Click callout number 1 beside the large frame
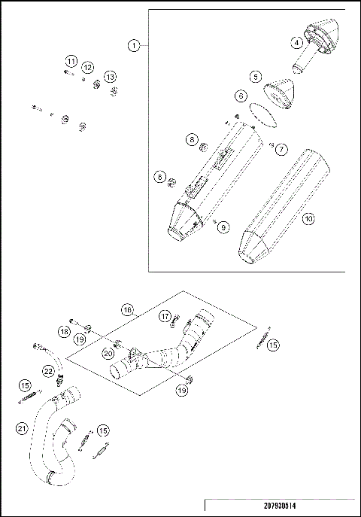coord(132,46)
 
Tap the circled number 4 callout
coord(299,43)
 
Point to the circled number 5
coord(256,76)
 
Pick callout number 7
coord(280,148)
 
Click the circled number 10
coord(308,219)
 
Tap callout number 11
coord(71,61)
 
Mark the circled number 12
coord(87,68)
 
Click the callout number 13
coord(111,77)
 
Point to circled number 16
coord(127,309)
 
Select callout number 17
coord(165,318)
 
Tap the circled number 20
coord(108,353)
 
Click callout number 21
coord(21,428)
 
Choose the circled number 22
coord(47,370)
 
